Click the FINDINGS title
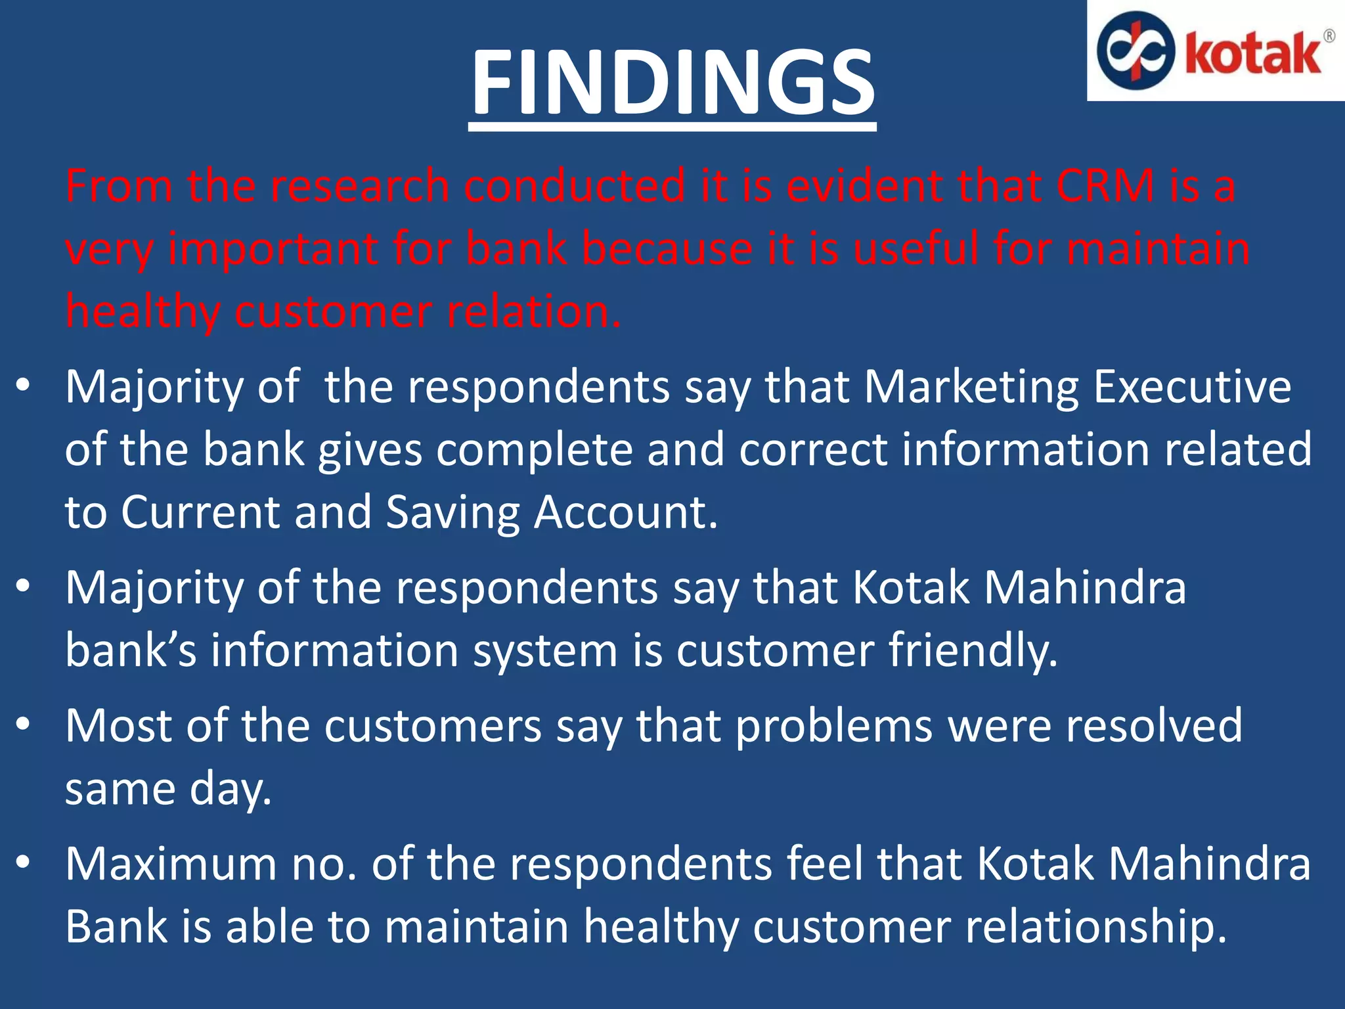point(672,83)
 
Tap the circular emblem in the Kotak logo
point(1136,50)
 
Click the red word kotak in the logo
point(1253,54)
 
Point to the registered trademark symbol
point(1329,35)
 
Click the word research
point(360,186)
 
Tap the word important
point(274,250)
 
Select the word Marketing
point(971,387)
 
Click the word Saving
point(452,512)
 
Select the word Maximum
point(171,864)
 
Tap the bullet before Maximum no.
point(24,862)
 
